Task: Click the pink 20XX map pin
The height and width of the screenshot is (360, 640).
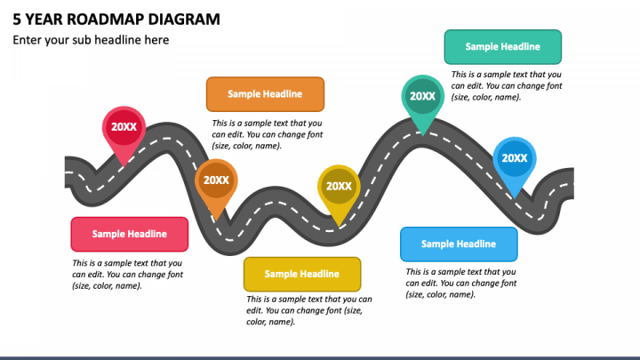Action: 124,128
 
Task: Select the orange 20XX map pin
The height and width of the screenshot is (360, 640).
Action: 216,181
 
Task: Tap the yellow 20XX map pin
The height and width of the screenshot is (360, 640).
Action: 338,188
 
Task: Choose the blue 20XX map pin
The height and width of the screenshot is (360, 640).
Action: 514,160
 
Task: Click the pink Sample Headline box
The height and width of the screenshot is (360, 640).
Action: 129,234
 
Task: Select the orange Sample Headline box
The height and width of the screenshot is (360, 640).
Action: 265,93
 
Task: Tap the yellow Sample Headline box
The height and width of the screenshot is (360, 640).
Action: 302,274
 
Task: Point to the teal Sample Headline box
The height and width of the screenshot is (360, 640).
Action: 503,47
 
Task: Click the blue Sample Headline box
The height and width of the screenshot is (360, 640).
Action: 460,244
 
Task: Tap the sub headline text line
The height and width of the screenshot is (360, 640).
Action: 91,40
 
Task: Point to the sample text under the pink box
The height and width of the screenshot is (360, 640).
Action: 128,275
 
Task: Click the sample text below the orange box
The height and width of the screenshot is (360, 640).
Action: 267,134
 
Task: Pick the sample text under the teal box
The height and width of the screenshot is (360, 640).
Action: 507,85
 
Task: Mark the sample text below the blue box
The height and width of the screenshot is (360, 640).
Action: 461,283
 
